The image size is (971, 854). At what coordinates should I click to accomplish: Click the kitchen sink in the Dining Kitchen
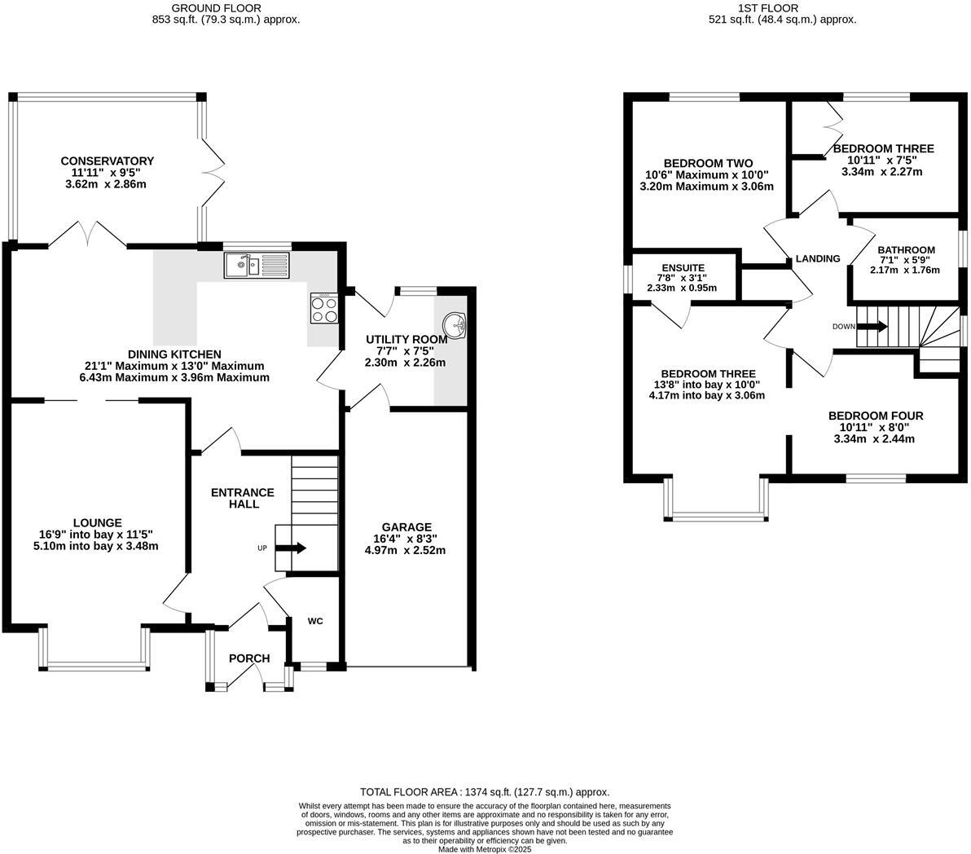point(256,264)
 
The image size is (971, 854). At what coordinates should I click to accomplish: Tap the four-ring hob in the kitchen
point(323,308)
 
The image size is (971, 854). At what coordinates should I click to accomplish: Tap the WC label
point(315,621)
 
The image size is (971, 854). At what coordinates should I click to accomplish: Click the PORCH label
point(248,658)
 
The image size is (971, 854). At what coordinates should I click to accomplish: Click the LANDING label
point(817,259)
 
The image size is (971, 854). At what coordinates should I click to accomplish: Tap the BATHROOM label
point(906,250)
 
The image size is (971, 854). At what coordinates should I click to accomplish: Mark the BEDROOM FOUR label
point(875,416)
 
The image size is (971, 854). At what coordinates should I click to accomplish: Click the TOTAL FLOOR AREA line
point(485,792)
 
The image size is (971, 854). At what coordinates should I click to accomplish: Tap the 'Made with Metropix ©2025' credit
point(485,848)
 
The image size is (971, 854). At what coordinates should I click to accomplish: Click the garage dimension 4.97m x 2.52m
point(405,550)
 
